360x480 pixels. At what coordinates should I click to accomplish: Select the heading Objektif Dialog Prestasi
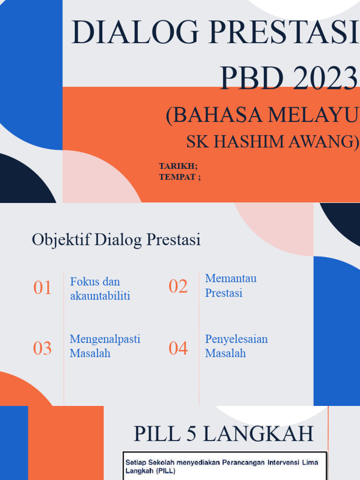(x=116, y=240)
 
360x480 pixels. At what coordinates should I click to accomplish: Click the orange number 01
(x=42, y=288)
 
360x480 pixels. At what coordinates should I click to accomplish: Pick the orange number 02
(x=178, y=286)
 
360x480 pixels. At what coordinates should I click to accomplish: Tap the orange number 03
(x=42, y=348)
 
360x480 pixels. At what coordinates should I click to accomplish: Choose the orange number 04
(x=178, y=348)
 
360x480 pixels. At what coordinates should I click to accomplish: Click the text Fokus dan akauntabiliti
(x=100, y=289)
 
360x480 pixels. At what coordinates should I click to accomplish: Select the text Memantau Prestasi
(x=231, y=285)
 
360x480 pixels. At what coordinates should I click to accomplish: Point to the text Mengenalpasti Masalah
(x=105, y=346)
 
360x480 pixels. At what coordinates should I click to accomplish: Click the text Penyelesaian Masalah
(x=236, y=346)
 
